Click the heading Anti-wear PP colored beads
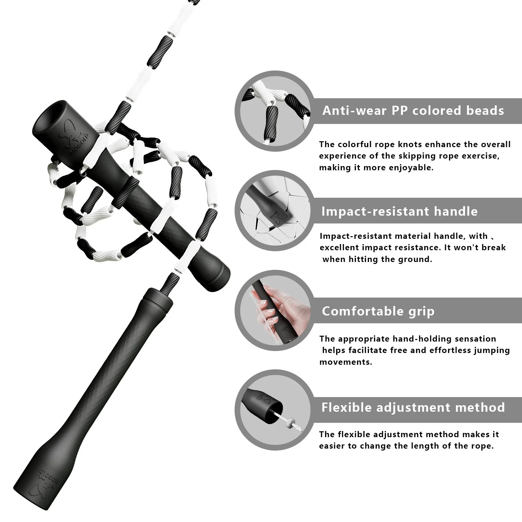413,111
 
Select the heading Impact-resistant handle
399,211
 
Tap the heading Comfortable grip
378,311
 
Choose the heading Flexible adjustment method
413,407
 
